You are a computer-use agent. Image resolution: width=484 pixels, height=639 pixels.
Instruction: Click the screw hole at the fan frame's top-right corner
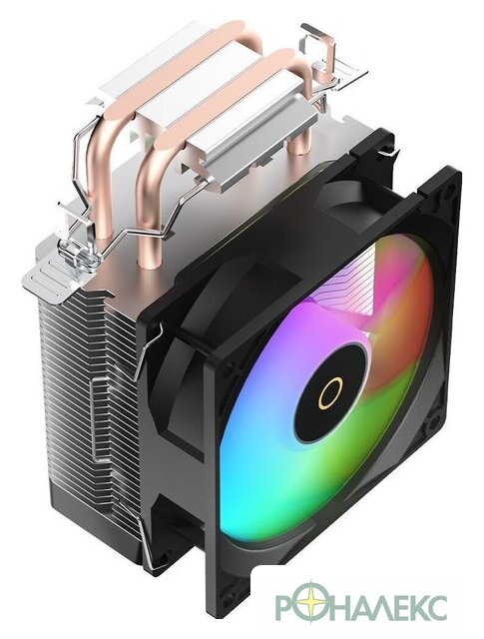(x=451, y=189)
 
